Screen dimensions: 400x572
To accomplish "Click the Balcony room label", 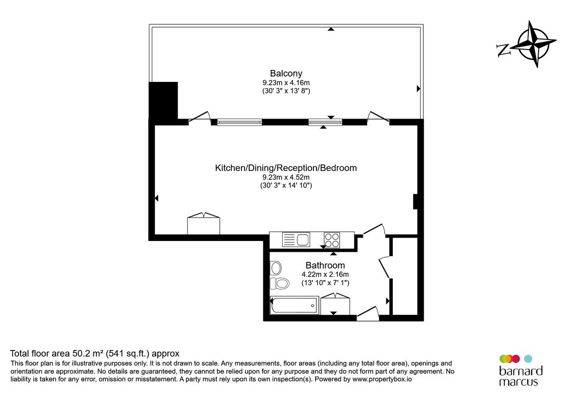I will pos(286,73).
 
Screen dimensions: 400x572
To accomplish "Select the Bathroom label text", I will pos(325,265).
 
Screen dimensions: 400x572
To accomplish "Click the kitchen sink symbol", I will pos(296,239).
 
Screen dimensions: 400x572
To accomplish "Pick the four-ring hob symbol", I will pos(332,239).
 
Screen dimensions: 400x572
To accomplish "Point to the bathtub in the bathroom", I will pos(294,305).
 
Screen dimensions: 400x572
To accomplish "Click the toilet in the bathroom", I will pos(280,284).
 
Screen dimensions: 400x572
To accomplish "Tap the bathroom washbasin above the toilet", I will pos(276,268).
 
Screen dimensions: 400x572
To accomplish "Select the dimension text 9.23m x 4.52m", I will pos(286,177).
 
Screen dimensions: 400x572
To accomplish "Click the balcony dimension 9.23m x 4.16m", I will pos(286,82).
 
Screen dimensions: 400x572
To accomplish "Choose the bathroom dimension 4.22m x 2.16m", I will pos(325,274).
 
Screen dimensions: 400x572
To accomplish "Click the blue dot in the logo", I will pos(528,359).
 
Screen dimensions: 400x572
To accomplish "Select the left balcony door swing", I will pos(200,117).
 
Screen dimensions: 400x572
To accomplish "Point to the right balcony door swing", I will pos(378,117).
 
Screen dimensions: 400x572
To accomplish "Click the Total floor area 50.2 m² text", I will pos(95,354).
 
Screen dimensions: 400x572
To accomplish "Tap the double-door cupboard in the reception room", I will pos(204,224).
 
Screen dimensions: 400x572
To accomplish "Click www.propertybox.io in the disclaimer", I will pos(382,380).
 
